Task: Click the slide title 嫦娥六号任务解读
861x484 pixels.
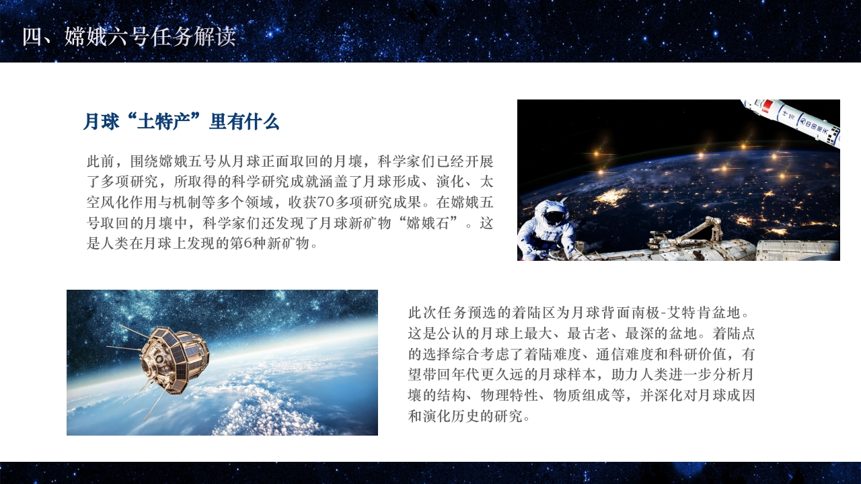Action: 150,37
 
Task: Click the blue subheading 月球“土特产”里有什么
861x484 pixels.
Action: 181,122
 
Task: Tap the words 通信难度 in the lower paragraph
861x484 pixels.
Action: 632,354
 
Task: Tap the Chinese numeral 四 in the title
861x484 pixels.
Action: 32,37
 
